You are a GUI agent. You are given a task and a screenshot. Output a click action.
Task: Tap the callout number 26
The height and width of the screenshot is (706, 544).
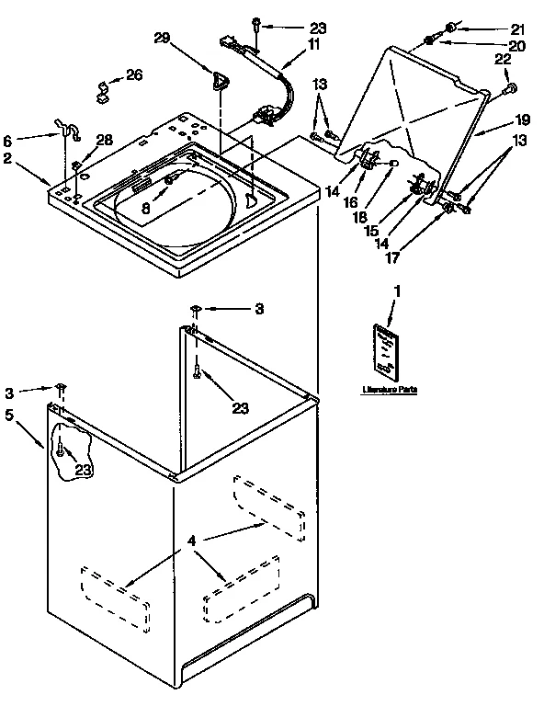[134, 74]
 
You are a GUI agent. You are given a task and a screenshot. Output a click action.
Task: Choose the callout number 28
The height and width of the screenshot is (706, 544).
[106, 139]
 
